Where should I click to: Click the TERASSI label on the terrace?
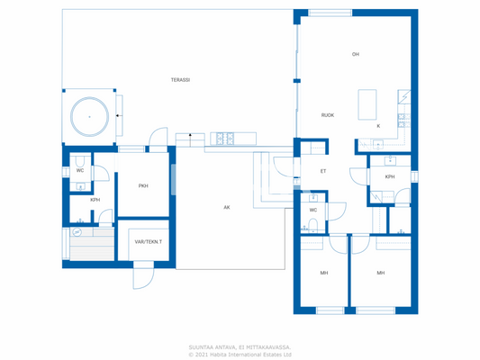(x=180, y=80)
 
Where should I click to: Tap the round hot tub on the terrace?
(x=89, y=116)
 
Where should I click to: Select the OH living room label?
(x=356, y=55)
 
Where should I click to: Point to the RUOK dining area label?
(x=328, y=115)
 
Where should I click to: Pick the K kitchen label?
(x=378, y=126)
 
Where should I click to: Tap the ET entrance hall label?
(x=322, y=171)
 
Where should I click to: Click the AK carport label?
(x=227, y=207)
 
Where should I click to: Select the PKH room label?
(x=143, y=186)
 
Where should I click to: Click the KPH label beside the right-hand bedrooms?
(x=390, y=176)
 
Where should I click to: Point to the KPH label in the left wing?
(x=95, y=200)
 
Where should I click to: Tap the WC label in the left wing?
(x=80, y=170)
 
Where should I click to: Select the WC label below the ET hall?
(x=313, y=210)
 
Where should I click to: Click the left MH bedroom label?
(x=323, y=273)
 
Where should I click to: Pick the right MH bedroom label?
(x=380, y=273)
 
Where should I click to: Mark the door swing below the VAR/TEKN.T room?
(x=142, y=277)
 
